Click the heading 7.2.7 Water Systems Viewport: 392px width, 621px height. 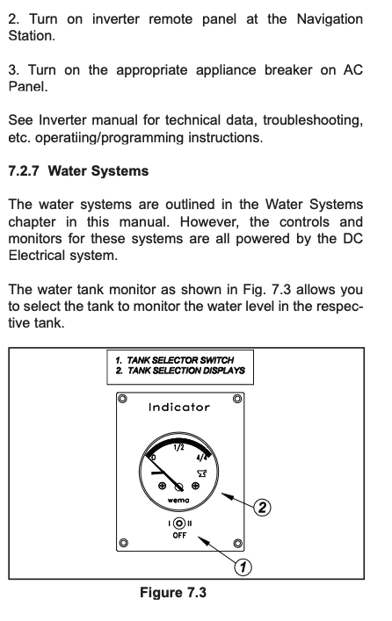(x=78, y=171)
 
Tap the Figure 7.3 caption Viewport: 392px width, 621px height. (x=173, y=593)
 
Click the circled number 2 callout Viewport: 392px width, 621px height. (x=262, y=508)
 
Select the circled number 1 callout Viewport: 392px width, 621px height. (x=243, y=567)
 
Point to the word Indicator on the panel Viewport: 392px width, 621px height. (x=179, y=408)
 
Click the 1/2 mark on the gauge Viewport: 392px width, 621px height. (x=178, y=448)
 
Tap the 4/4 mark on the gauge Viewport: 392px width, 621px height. (x=202, y=458)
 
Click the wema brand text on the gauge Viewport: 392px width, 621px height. (x=178, y=500)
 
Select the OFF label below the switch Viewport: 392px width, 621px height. (x=179, y=536)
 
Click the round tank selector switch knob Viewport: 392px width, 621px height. (x=179, y=524)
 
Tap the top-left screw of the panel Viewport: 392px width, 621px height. (x=123, y=399)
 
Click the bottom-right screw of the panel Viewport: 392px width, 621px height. (x=238, y=543)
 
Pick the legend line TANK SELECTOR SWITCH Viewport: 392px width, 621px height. (x=175, y=360)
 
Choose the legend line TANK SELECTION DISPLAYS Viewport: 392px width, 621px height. (x=180, y=371)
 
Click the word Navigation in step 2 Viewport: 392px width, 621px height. (x=330, y=19)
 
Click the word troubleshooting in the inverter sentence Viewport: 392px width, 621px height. (x=313, y=120)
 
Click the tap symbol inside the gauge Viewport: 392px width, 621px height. (x=202, y=473)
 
